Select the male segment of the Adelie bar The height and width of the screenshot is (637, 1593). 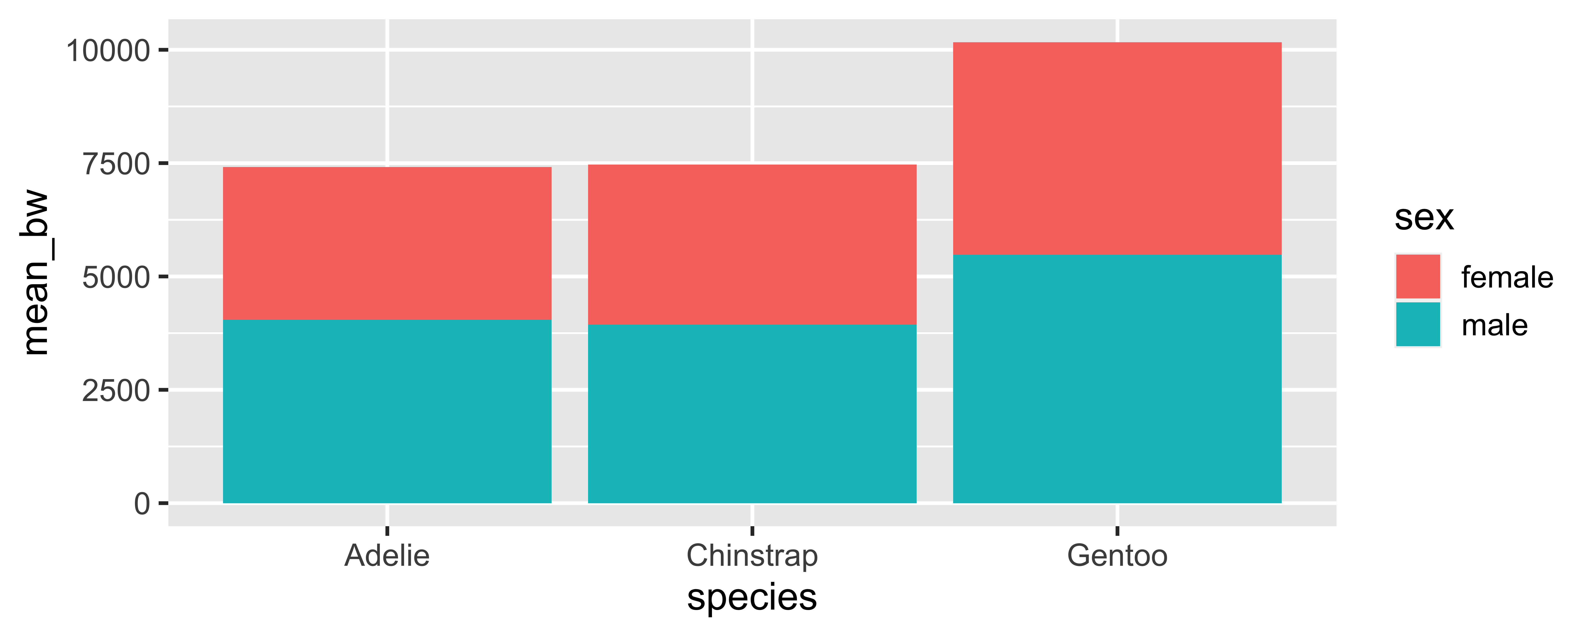tap(387, 411)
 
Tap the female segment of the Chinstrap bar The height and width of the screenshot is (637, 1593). tap(752, 244)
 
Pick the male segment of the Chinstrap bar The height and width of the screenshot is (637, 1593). tap(752, 414)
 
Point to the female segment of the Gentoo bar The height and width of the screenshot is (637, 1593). tap(1117, 148)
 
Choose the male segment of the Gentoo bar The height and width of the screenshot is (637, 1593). tap(1117, 378)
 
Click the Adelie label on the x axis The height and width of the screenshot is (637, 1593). tap(387, 555)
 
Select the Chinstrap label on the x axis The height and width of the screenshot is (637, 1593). tap(752, 555)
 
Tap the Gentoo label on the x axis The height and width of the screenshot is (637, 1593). tap(1117, 555)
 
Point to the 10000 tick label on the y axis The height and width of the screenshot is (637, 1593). tap(108, 51)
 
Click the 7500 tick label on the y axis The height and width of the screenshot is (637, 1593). tap(116, 164)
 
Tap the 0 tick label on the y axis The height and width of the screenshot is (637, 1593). tap(142, 504)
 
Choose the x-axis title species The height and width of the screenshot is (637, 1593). tap(752, 597)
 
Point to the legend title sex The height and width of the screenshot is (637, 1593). tap(1424, 218)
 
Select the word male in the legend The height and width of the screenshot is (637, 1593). tap(1494, 325)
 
